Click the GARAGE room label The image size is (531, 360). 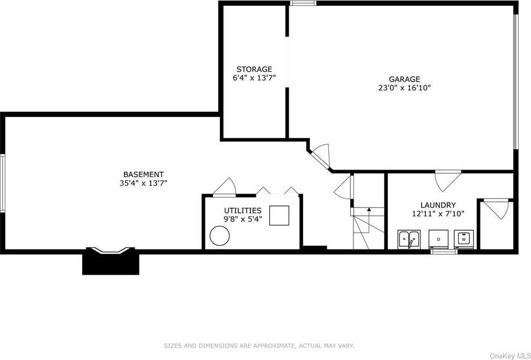coord(404,79)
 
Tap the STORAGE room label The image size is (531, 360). coord(254,69)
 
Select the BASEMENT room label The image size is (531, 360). coord(144,174)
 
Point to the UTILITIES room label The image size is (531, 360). coord(242,211)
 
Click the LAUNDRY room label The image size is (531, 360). coord(438,205)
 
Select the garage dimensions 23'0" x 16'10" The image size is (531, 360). coord(404,88)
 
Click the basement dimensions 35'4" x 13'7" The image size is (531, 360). coord(144,183)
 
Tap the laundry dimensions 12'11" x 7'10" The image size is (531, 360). coord(438,214)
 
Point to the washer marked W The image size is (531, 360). coord(463,239)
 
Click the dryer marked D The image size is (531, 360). coord(438,239)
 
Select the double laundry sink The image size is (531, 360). coord(409,239)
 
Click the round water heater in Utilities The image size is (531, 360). coord(219,236)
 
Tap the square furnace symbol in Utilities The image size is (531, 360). coord(279,215)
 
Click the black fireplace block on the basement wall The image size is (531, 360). coord(110,261)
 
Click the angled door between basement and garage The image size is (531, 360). coord(320,158)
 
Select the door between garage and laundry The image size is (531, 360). coord(448,180)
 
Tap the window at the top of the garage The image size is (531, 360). coord(303,3)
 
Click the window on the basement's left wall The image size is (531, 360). coord(2,183)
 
